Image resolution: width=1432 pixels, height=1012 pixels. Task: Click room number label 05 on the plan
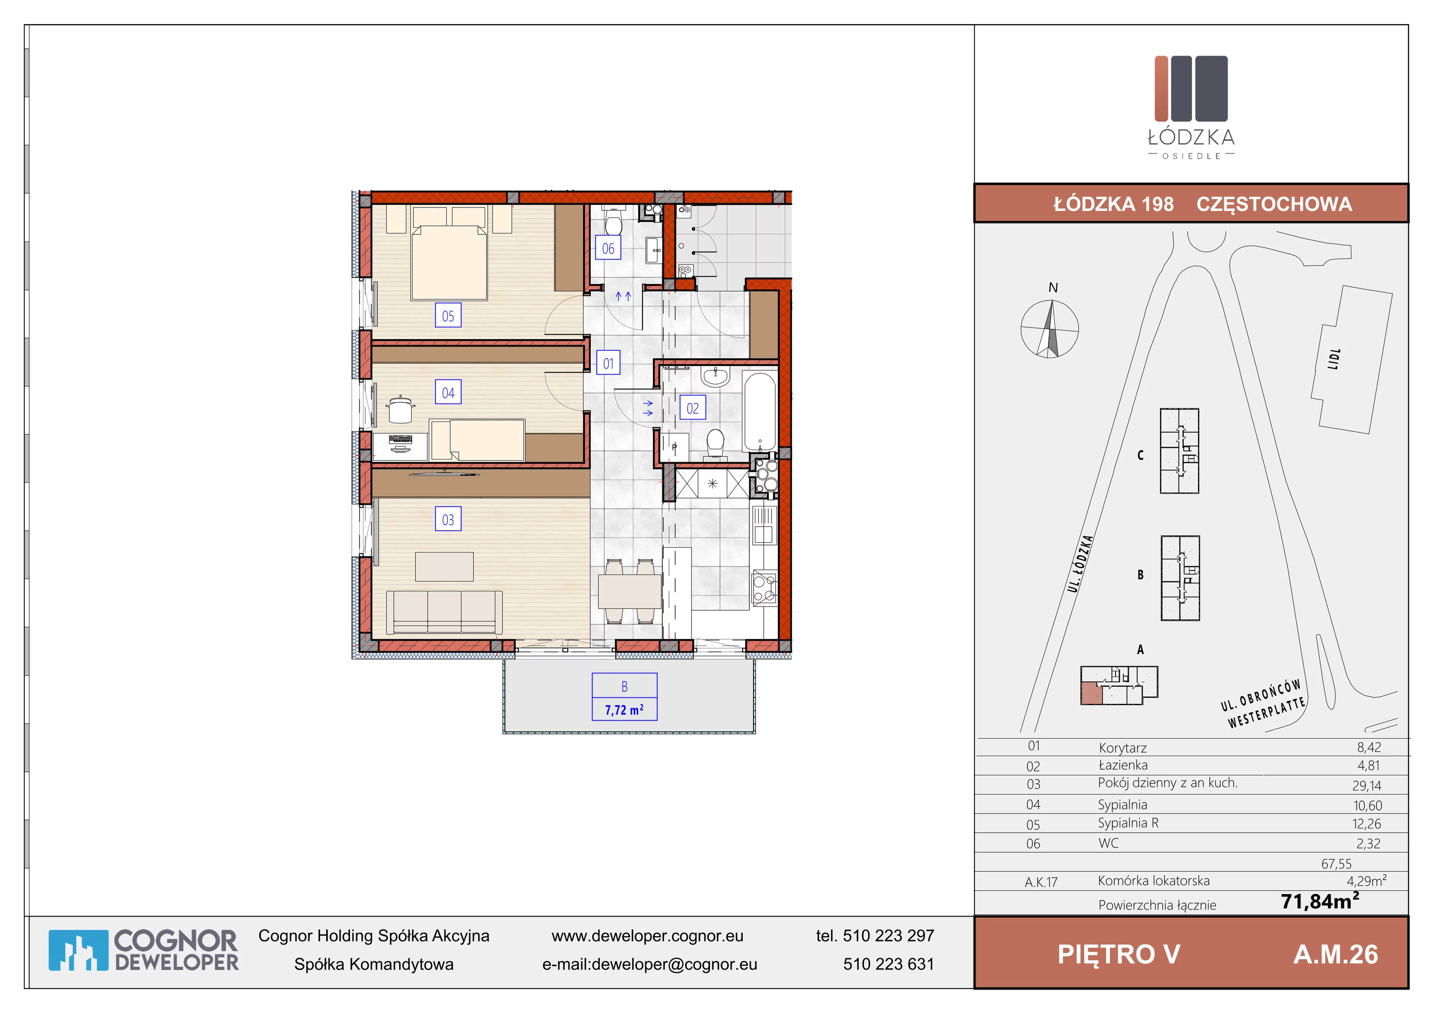click(448, 315)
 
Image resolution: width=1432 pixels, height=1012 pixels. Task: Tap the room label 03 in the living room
click(448, 519)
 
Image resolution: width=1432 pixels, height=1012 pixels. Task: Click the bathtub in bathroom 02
click(760, 412)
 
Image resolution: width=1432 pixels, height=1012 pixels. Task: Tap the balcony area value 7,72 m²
click(624, 710)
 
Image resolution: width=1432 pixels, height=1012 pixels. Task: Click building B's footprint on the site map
click(1180, 578)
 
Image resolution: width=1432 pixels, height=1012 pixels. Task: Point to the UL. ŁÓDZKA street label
click(1080, 564)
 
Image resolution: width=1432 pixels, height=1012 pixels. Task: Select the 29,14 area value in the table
click(1367, 786)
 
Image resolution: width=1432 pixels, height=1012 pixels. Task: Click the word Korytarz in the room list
click(1123, 748)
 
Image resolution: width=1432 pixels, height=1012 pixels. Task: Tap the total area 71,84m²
click(1320, 901)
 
